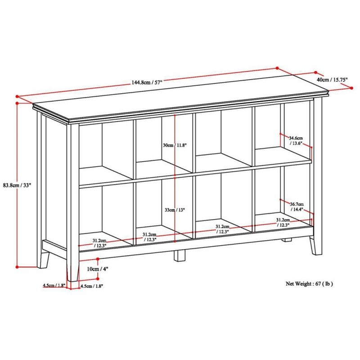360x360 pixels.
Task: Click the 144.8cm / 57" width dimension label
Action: [x=147, y=82]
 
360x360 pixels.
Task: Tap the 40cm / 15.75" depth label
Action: [x=332, y=80]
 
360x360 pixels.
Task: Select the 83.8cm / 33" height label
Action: [x=17, y=185]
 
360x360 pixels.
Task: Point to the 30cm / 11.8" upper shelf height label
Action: [x=175, y=145]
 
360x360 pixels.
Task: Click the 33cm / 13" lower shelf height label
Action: [x=175, y=210]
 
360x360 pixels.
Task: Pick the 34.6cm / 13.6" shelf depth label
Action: [x=296, y=140]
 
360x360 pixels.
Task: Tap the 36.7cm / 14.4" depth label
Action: [x=297, y=207]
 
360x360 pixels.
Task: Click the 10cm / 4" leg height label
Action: [x=97, y=269]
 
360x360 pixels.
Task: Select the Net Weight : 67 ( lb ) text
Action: [x=309, y=284]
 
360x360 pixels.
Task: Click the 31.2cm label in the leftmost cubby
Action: [x=99, y=243]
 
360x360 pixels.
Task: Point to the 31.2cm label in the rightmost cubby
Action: [x=283, y=222]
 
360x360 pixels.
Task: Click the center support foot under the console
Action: [x=179, y=256]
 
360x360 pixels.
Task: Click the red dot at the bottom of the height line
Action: [x=17, y=267]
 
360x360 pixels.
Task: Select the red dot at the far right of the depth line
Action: [x=352, y=88]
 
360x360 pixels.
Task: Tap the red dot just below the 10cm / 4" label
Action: [x=98, y=279]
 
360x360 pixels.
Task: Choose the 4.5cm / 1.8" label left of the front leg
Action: [x=54, y=285]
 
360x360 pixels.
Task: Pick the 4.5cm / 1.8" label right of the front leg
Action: [x=92, y=286]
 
